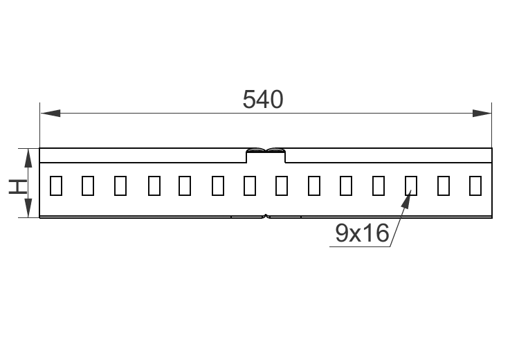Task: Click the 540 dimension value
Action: pyautogui.click(x=263, y=100)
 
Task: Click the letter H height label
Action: pyautogui.click(x=17, y=185)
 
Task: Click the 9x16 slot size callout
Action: pyautogui.click(x=362, y=234)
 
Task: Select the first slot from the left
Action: pyautogui.click(x=56, y=186)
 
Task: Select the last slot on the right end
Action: pyautogui.click(x=475, y=186)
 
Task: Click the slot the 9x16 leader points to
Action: pyautogui.click(x=410, y=186)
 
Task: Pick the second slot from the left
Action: pyautogui.click(x=88, y=186)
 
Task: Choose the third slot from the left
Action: pyautogui.click(x=120, y=186)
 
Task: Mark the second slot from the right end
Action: pyautogui.click(x=444, y=186)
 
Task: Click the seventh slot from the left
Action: pyautogui.click(x=250, y=186)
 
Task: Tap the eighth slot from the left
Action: pyautogui.click(x=282, y=186)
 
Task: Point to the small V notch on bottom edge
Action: pyautogui.click(x=266, y=216)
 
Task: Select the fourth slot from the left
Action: pyautogui.click(x=154, y=186)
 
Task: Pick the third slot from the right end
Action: pyautogui.click(x=410, y=186)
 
